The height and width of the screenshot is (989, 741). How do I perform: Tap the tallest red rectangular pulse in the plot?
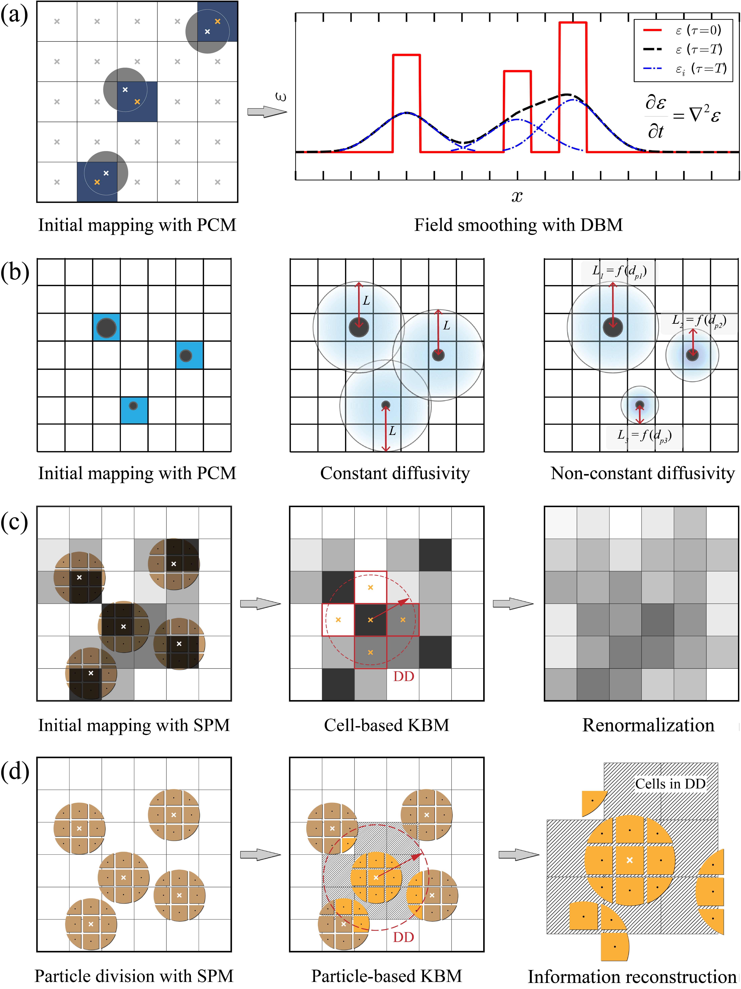[x=572, y=85]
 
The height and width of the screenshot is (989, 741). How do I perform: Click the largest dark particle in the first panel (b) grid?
[x=106, y=328]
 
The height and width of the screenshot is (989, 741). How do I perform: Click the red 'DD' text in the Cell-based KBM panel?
[x=404, y=676]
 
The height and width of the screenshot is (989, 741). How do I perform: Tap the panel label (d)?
[x=15, y=771]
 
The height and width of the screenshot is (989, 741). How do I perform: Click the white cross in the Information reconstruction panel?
[x=630, y=860]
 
